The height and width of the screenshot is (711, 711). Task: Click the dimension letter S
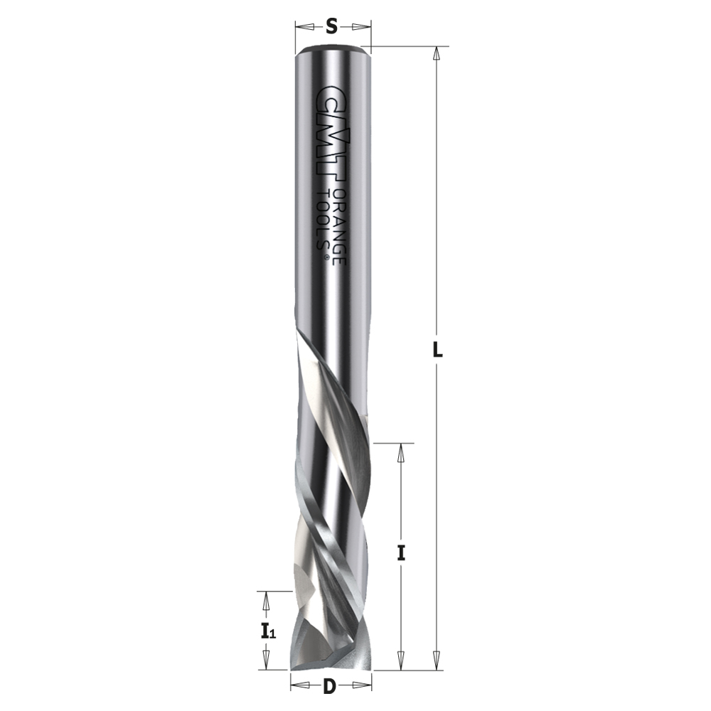click(x=332, y=27)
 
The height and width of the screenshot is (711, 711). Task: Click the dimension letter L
click(x=437, y=350)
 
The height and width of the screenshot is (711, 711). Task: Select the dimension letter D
click(x=330, y=688)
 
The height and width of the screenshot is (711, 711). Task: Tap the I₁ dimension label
click(x=267, y=631)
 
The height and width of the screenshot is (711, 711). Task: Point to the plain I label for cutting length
click(x=401, y=553)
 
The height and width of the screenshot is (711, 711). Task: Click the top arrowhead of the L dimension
click(x=437, y=53)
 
